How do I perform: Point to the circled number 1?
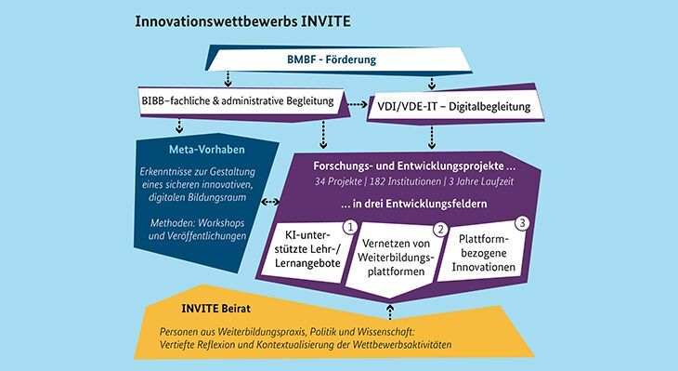[350, 226]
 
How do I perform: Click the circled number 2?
[442, 230]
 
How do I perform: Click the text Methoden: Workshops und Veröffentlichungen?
[196, 230]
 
